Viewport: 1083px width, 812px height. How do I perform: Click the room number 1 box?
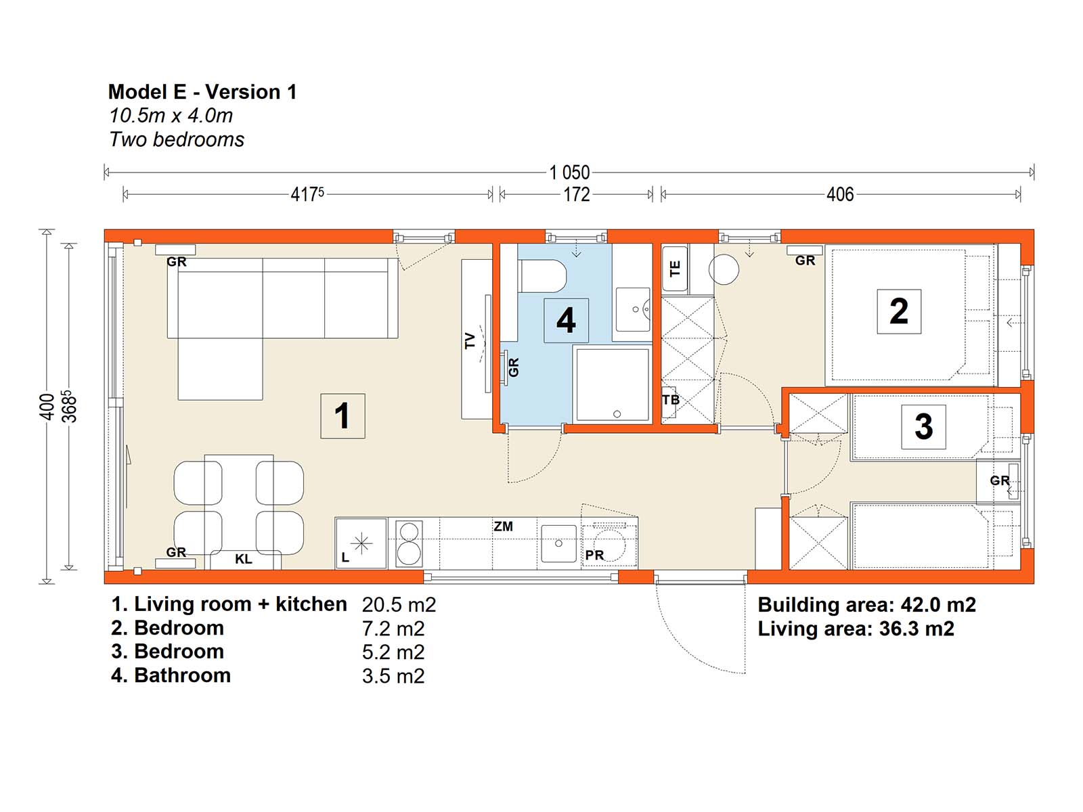pos(342,415)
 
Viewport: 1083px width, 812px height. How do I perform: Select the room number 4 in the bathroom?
pos(566,321)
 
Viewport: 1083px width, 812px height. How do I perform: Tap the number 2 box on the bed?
pos(898,311)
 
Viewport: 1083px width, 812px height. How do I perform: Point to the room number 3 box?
pos(923,426)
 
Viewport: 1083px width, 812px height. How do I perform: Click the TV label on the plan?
pos(470,340)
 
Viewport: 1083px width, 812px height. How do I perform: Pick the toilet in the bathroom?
pos(541,277)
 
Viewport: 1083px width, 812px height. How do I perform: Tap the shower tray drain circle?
pos(617,414)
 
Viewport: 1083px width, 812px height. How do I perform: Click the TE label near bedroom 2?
pos(675,269)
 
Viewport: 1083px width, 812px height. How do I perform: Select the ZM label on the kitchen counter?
pos(504,526)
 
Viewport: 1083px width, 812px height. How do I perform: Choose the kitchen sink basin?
pos(558,543)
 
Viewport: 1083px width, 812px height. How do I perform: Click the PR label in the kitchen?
pos(594,556)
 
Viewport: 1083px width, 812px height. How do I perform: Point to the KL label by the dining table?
pos(243,559)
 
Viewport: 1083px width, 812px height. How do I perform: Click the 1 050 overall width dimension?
pos(569,173)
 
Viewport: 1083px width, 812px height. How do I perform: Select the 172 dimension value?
pos(576,195)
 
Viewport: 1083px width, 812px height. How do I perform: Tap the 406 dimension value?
pos(840,195)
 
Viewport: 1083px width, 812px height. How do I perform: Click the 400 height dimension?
pos(47,407)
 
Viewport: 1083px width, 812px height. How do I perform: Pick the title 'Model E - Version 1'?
pos(202,92)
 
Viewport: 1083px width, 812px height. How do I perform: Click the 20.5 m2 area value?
pos(399,605)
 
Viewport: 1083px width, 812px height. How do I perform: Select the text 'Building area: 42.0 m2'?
pos(866,605)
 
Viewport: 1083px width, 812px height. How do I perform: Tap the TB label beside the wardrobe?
pos(671,400)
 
